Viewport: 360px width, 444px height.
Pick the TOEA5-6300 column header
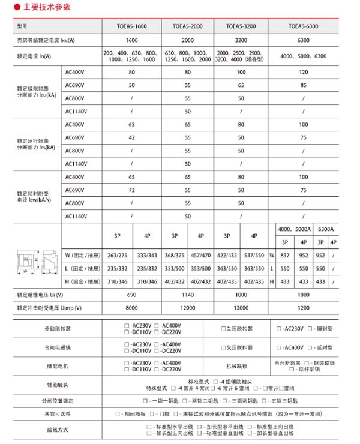click(x=303, y=27)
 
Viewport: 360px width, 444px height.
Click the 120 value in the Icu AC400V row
click(x=304, y=73)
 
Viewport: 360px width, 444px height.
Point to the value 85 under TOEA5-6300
click(x=304, y=85)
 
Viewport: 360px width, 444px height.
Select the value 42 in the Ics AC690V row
click(x=131, y=137)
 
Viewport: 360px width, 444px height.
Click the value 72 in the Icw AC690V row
click(x=131, y=190)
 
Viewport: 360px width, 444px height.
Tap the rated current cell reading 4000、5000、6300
click(x=304, y=56)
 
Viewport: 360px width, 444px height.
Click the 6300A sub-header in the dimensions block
click(x=326, y=230)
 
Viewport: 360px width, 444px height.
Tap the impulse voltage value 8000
click(x=131, y=308)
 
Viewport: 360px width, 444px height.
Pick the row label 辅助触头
click(x=56, y=385)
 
